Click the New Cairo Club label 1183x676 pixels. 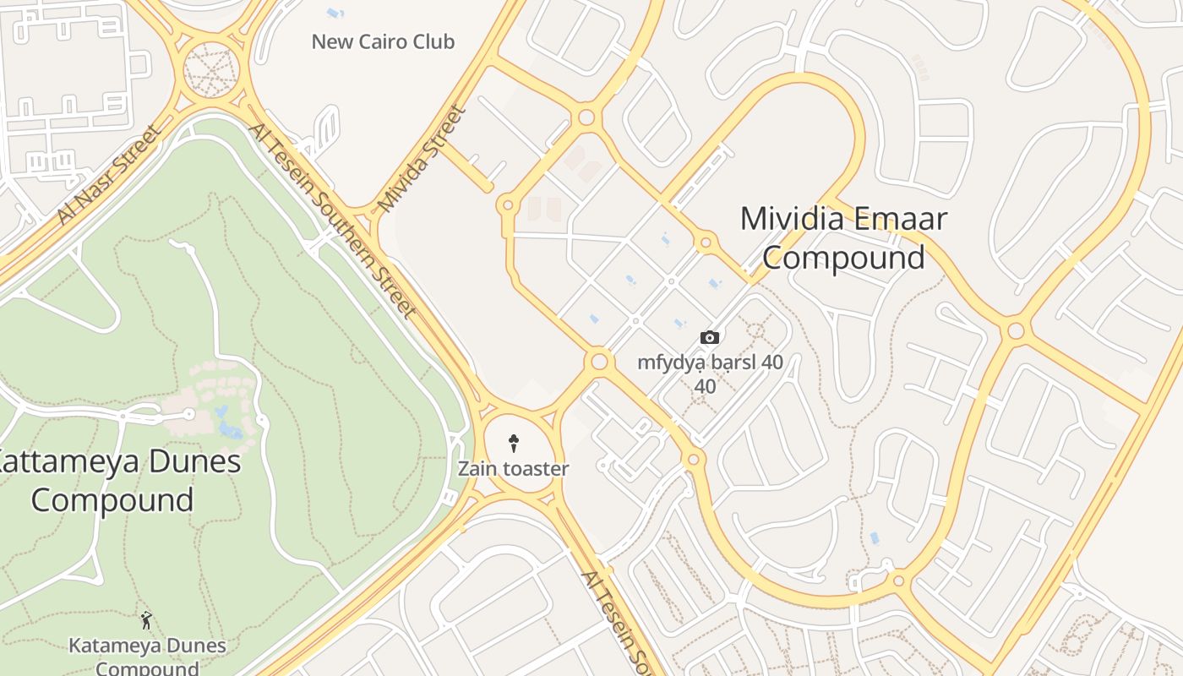pos(383,41)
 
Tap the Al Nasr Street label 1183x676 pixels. pos(107,176)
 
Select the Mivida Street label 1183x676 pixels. pos(422,158)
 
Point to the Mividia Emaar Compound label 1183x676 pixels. pos(843,237)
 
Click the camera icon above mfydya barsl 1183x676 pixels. pos(710,338)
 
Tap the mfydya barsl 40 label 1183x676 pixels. pos(710,363)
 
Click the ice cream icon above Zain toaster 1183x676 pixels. pos(513,442)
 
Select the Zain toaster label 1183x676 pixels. pos(513,468)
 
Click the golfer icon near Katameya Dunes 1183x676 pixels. pos(146,621)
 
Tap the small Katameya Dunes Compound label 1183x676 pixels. pos(147,657)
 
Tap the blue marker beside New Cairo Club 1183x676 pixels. pos(335,14)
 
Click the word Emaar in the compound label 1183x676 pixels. pos(899,219)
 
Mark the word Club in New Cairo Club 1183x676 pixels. pos(433,41)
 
